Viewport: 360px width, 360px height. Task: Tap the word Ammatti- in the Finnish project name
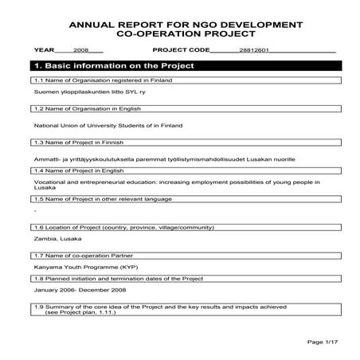(46, 160)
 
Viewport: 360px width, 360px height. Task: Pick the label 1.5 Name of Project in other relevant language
(93, 199)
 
